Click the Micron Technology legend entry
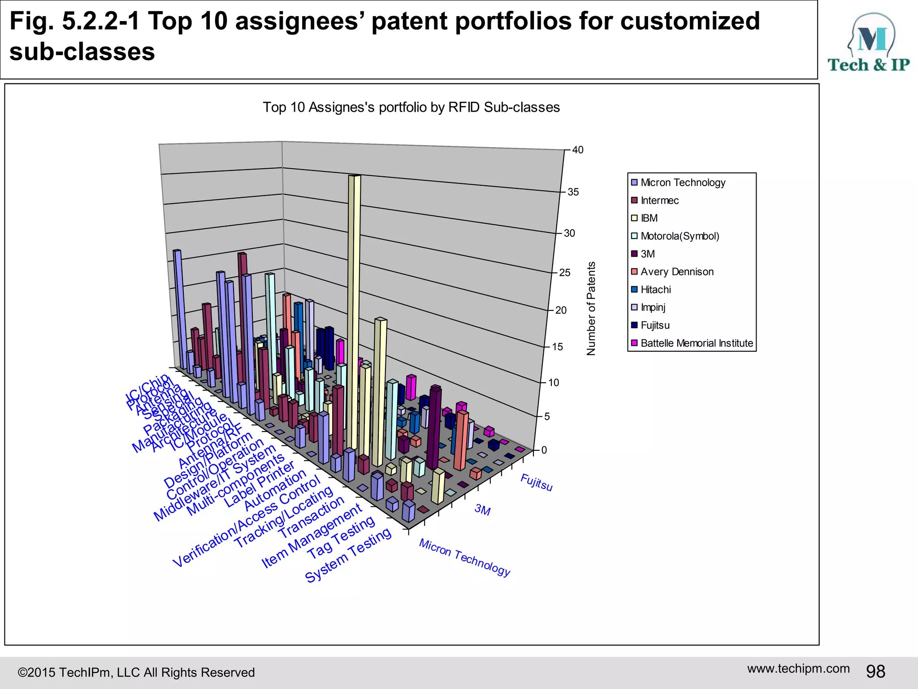pos(683,183)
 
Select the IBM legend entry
pos(649,218)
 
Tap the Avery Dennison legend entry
pos(677,272)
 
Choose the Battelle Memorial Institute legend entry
pos(697,343)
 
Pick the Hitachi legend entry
pos(655,290)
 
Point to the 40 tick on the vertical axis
pos(578,150)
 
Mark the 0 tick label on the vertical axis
pos(544,450)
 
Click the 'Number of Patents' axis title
pos(591,309)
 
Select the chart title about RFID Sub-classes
pos(411,108)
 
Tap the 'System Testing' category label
pos(348,556)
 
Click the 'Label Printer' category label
pos(260,484)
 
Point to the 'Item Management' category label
pos(312,536)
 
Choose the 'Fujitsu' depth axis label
pos(536,483)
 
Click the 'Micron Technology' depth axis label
pos(465,557)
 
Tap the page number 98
pos(875,672)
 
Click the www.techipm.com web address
pos(798,669)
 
